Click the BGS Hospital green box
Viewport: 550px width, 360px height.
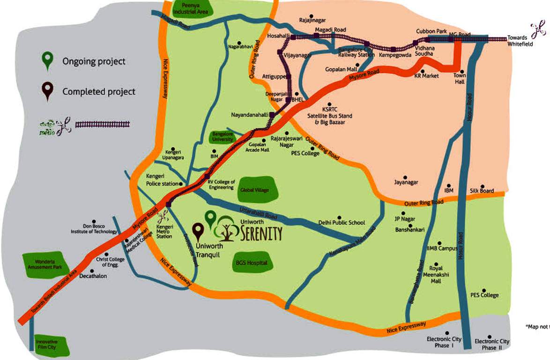(252, 263)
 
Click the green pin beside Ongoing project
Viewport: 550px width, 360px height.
(46, 61)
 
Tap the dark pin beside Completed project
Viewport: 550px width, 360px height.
(46, 91)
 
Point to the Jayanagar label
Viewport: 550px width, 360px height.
(406, 182)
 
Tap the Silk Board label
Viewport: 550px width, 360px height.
(482, 191)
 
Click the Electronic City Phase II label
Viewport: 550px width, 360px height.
(491, 345)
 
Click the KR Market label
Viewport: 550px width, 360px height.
(426, 75)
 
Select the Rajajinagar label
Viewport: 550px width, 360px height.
(312, 20)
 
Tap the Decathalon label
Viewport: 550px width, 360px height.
(93, 276)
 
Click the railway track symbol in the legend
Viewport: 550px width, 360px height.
(102, 124)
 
